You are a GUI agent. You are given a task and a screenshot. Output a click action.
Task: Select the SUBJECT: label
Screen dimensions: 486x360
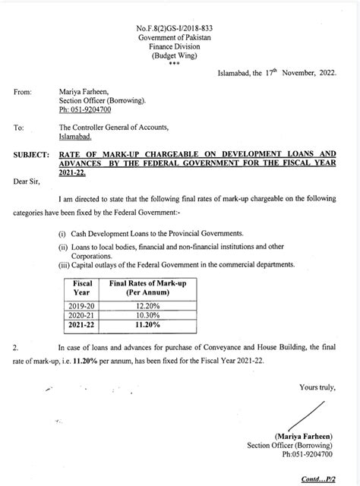point(33,154)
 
